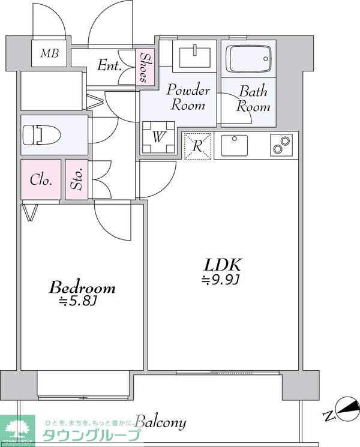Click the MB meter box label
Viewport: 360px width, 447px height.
click(x=50, y=53)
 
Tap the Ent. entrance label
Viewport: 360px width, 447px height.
click(x=109, y=65)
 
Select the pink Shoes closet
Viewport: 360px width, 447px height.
click(x=145, y=67)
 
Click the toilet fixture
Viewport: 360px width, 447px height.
click(x=41, y=134)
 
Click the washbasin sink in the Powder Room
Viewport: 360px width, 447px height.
click(x=195, y=56)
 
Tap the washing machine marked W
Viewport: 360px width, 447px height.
click(x=158, y=137)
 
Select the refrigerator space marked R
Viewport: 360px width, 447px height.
click(x=197, y=146)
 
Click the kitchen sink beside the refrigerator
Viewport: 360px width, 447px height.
click(x=234, y=145)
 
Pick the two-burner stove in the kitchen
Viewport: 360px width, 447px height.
click(x=281, y=145)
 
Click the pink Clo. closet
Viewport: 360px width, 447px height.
click(x=41, y=179)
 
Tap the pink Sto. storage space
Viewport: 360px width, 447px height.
click(x=77, y=179)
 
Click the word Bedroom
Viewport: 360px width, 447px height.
click(x=82, y=287)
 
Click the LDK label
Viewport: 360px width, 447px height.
click(x=223, y=265)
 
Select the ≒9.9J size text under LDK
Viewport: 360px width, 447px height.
click(x=220, y=280)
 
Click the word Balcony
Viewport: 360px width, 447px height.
click(x=161, y=422)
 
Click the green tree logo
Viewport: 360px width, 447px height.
click(x=17, y=428)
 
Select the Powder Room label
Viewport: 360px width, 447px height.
click(x=188, y=97)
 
